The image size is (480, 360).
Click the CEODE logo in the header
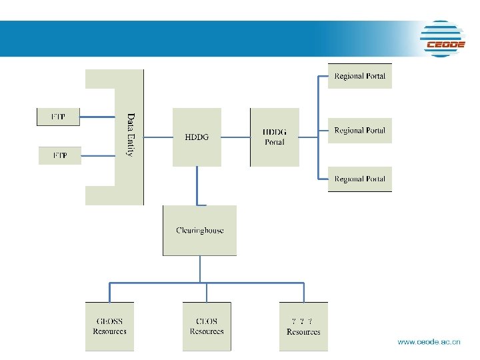click(x=443, y=39)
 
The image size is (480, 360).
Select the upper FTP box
click(x=58, y=117)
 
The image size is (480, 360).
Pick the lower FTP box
click(x=59, y=155)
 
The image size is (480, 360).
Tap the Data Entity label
click(x=130, y=135)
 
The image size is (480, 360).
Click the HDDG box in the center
click(x=197, y=137)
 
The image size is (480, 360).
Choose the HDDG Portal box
click(x=274, y=137)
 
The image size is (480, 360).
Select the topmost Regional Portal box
click(x=359, y=76)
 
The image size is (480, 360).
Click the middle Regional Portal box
click(x=359, y=131)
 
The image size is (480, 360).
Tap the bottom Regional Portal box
click(x=359, y=179)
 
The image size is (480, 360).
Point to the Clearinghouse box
click(x=199, y=231)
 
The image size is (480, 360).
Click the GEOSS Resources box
click(x=109, y=327)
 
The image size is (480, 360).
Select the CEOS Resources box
click(x=207, y=327)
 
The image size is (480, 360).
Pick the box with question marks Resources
click(x=303, y=327)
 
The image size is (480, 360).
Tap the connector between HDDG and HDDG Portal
click(x=235, y=137)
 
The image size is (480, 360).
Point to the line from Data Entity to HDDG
click(x=158, y=137)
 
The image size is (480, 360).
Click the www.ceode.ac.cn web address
click(x=429, y=342)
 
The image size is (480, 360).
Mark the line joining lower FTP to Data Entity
click(x=99, y=155)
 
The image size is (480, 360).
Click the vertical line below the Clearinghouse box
click(x=200, y=269)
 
